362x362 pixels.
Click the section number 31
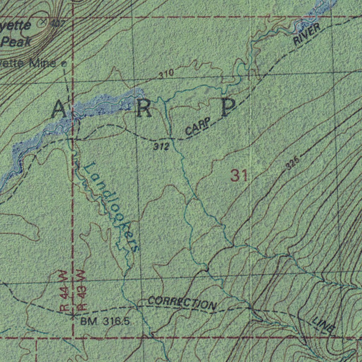[239, 176]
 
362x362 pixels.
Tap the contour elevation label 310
[166, 74]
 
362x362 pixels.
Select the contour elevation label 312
[161, 146]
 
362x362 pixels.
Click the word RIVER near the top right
[307, 34]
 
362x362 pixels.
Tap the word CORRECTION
[182, 303]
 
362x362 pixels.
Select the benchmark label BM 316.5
[105, 321]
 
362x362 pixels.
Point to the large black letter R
[144, 109]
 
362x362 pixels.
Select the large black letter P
[228, 107]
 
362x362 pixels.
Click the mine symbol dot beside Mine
[64, 64]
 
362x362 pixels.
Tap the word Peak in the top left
[16, 42]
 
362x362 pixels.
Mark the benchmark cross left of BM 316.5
[73, 314]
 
